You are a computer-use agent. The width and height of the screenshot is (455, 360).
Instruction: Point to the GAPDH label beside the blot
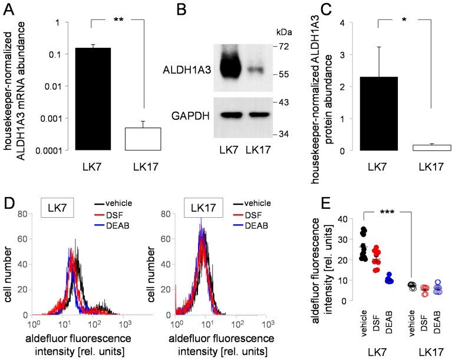pos(189,116)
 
